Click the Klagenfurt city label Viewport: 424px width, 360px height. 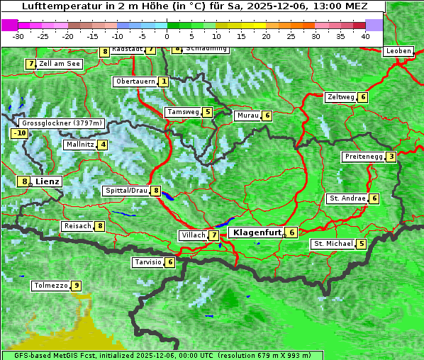255,232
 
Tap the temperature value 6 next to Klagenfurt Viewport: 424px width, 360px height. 291,232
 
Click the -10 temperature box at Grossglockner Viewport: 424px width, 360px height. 19,133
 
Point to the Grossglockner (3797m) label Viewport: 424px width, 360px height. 63,123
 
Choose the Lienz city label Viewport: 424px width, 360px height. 48,181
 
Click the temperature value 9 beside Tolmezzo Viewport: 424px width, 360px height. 76,286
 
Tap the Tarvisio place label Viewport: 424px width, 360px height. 147,262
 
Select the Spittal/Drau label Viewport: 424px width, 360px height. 126,191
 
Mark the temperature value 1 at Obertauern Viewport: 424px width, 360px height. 164,81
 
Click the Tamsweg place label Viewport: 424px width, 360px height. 182,112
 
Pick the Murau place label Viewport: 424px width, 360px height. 247,116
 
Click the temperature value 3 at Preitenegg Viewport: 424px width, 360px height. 391,157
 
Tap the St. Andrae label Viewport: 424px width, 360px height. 347,198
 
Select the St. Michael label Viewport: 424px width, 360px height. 333,244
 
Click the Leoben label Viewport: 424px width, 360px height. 398,51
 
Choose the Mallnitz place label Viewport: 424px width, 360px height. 79,145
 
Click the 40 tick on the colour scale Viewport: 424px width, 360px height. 365,35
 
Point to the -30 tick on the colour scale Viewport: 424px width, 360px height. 18,35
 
